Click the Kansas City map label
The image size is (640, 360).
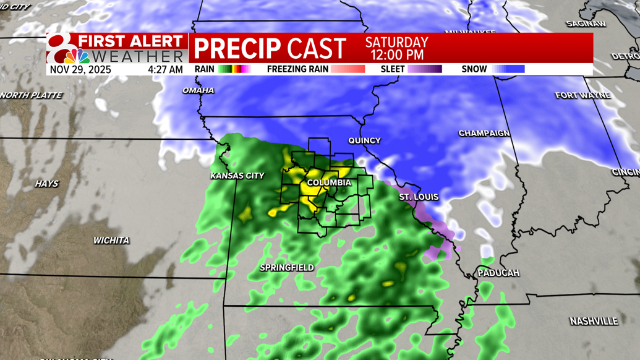pyautogui.click(x=237, y=176)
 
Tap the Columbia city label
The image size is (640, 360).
pyautogui.click(x=329, y=183)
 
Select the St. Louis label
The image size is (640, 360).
pyautogui.click(x=419, y=197)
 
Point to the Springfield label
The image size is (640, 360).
pyautogui.click(x=286, y=268)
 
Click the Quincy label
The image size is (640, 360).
pyautogui.click(x=364, y=141)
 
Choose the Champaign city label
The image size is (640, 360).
pyautogui.click(x=484, y=134)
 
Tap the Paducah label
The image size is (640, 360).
pyautogui.click(x=498, y=273)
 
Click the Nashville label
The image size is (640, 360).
pyautogui.click(x=594, y=322)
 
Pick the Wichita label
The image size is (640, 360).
pyautogui.click(x=111, y=241)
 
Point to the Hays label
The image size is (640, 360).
pyautogui.click(x=46, y=184)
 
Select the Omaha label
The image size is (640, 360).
pyautogui.click(x=198, y=91)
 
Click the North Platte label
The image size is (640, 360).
pyautogui.click(x=32, y=95)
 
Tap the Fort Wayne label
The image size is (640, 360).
pyautogui.click(x=582, y=95)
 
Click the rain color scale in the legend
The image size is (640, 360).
pyautogui.click(x=234, y=69)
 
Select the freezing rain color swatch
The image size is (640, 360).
pyautogui.click(x=348, y=69)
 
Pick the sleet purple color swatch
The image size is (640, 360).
pyautogui.click(x=425, y=69)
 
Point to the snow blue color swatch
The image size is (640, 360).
pyautogui.click(x=509, y=69)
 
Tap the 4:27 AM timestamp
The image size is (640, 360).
pyautogui.click(x=165, y=70)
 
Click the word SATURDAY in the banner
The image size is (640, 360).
pyautogui.click(x=396, y=43)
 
